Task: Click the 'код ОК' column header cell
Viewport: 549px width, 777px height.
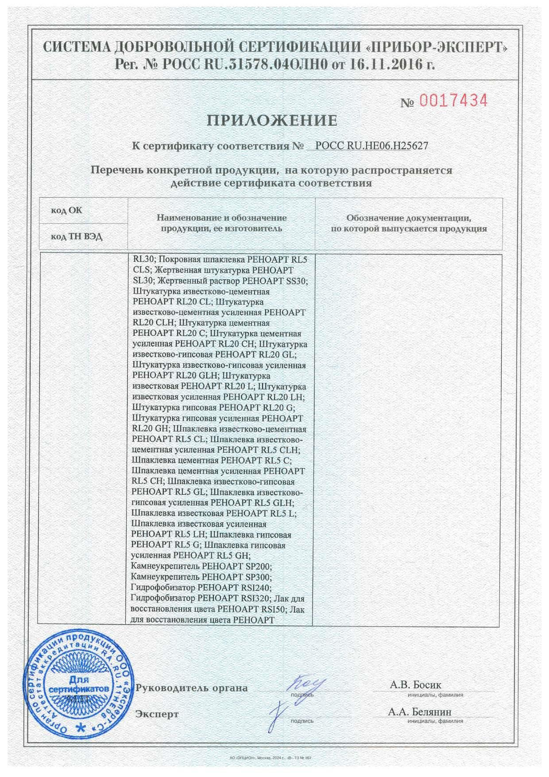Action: [66, 210]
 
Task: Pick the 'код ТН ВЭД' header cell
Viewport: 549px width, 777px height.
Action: [76, 237]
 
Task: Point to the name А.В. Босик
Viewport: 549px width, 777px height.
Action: [415, 685]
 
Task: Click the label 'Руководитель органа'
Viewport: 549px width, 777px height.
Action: [192, 688]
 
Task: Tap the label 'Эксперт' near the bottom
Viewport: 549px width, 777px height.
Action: [157, 714]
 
